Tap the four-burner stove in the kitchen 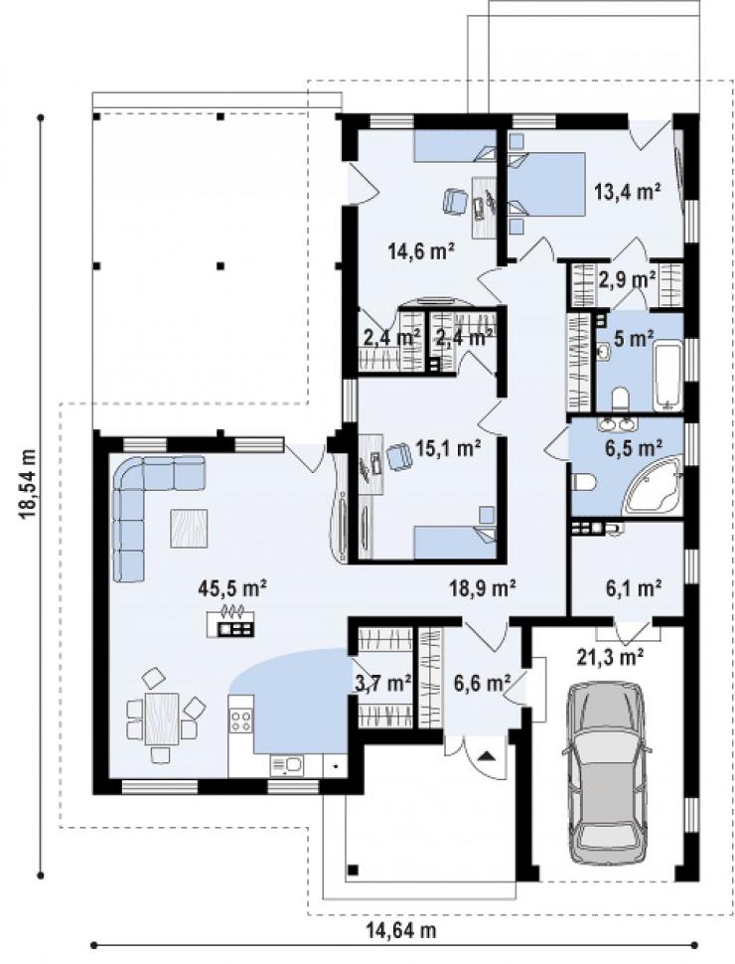pyautogui.click(x=240, y=722)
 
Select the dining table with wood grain pyautogui.click(x=162, y=719)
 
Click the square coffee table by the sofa pyautogui.click(x=189, y=528)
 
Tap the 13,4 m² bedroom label pyautogui.click(x=627, y=193)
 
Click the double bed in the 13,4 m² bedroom pyautogui.click(x=545, y=185)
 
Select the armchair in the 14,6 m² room pyautogui.click(x=455, y=201)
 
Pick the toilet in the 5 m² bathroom pyautogui.click(x=620, y=399)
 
